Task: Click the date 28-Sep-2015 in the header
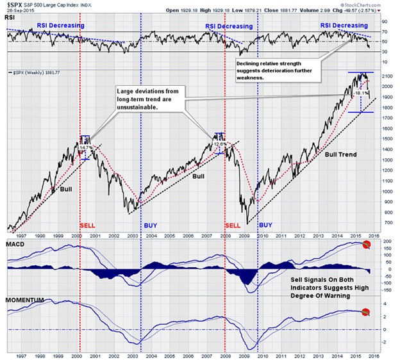click(16, 12)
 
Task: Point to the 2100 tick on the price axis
click(387, 76)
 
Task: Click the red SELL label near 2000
click(88, 225)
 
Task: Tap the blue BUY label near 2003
click(149, 225)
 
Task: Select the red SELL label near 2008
click(233, 225)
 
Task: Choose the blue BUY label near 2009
click(266, 225)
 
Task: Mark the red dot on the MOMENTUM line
click(365, 312)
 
